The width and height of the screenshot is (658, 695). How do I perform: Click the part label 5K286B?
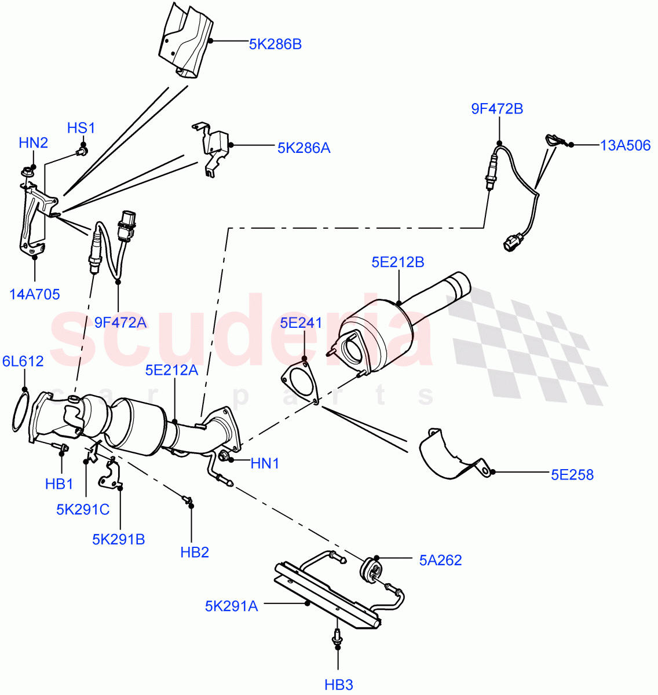pyautogui.click(x=275, y=44)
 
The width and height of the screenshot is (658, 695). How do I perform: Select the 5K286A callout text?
pyautogui.click(x=304, y=148)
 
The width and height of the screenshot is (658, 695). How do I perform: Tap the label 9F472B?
pyautogui.click(x=497, y=109)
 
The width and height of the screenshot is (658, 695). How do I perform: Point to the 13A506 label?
pyautogui.click(x=625, y=145)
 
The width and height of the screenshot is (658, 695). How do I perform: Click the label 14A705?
pyautogui.click(x=35, y=294)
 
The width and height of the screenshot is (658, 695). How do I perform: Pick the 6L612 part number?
pyautogui.click(x=23, y=361)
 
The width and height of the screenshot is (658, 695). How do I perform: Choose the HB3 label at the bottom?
pyautogui.click(x=339, y=685)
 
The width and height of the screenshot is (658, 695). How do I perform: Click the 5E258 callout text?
pyautogui.click(x=572, y=475)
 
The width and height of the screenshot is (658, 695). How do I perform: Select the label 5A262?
pyautogui.click(x=440, y=560)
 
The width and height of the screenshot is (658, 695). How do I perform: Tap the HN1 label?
pyautogui.click(x=265, y=463)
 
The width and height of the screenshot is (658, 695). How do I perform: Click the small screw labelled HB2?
pyautogui.click(x=187, y=499)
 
